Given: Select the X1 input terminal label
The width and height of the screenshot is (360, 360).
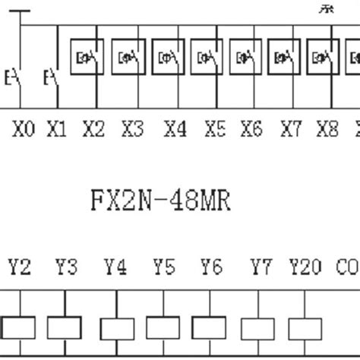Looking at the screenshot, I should click(57, 130).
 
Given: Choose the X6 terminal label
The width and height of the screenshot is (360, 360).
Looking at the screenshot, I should click(251, 130).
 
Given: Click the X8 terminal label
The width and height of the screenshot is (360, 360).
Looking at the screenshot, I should click(327, 130).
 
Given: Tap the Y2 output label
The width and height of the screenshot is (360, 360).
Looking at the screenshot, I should click(20, 267).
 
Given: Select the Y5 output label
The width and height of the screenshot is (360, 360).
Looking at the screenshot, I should click(163, 267).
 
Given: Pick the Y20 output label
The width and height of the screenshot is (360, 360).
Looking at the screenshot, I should click(305, 267).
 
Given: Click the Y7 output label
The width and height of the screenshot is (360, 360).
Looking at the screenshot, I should click(261, 267).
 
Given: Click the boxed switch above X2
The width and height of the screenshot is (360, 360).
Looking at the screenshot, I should click(87, 57).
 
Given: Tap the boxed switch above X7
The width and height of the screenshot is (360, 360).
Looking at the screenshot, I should click(286, 57).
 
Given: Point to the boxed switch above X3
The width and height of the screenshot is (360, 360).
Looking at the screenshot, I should click(128, 57).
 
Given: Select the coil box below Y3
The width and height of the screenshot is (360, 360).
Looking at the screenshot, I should click(65, 328).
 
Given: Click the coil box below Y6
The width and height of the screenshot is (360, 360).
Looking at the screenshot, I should click(210, 328).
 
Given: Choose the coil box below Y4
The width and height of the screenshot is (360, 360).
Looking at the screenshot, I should click(115, 328).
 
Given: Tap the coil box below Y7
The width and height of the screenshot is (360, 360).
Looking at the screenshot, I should click(259, 328).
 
